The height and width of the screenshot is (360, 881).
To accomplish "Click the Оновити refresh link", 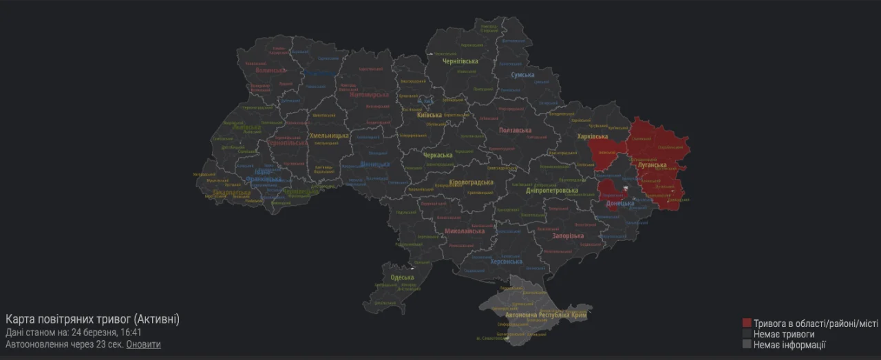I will tap(143, 344).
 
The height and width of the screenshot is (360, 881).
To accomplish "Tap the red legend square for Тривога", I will tap(747, 323).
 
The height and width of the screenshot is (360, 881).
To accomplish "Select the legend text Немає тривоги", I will tap(784, 334).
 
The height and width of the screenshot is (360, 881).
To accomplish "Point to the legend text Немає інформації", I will tap(789, 345).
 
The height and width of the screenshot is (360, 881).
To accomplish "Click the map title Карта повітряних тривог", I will tap(92, 319).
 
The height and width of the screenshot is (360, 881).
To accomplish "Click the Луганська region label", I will tap(651, 165).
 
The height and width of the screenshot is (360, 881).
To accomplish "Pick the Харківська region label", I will tap(593, 137).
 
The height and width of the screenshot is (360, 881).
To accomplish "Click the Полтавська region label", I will tap(514, 130).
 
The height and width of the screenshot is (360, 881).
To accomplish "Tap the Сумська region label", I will tap(522, 75).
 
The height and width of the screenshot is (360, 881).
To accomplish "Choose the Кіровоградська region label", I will tap(471, 182).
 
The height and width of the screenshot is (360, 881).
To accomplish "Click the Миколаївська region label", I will tap(464, 231).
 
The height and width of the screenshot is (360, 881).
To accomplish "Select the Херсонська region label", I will tap(506, 262).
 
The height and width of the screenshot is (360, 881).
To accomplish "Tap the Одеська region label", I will tap(402, 277).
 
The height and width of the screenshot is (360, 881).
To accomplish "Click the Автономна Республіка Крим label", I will tap(541, 315).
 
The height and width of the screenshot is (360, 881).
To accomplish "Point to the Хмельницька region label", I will tap(329, 136).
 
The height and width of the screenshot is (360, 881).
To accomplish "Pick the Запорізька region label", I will tap(568, 236).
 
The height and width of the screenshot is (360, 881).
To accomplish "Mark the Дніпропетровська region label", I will tap(551, 190).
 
